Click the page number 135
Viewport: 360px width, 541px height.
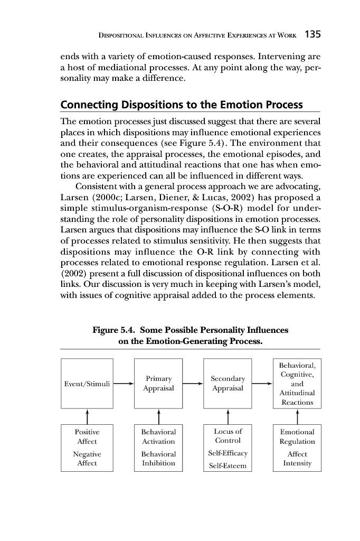pyautogui.click(x=313, y=35)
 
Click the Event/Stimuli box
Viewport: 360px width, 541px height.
pyautogui.click(x=87, y=384)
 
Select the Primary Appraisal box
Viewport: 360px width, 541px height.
pyautogui.click(x=158, y=384)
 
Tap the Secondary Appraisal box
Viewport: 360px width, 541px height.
pyautogui.click(x=228, y=384)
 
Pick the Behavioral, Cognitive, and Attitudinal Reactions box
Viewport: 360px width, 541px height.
pyautogui.click(x=297, y=384)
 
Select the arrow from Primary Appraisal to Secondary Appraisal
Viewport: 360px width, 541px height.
pyautogui.click(x=193, y=384)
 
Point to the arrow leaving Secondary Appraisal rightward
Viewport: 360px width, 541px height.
pyautogui.click(x=262, y=384)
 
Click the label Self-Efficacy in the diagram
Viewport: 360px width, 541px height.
pyautogui.click(x=228, y=453)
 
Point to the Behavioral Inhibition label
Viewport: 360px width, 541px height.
pyautogui.click(x=158, y=459)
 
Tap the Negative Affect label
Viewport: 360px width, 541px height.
pyautogui.click(x=87, y=459)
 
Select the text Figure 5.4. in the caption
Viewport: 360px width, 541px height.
pyautogui.click(x=114, y=330)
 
